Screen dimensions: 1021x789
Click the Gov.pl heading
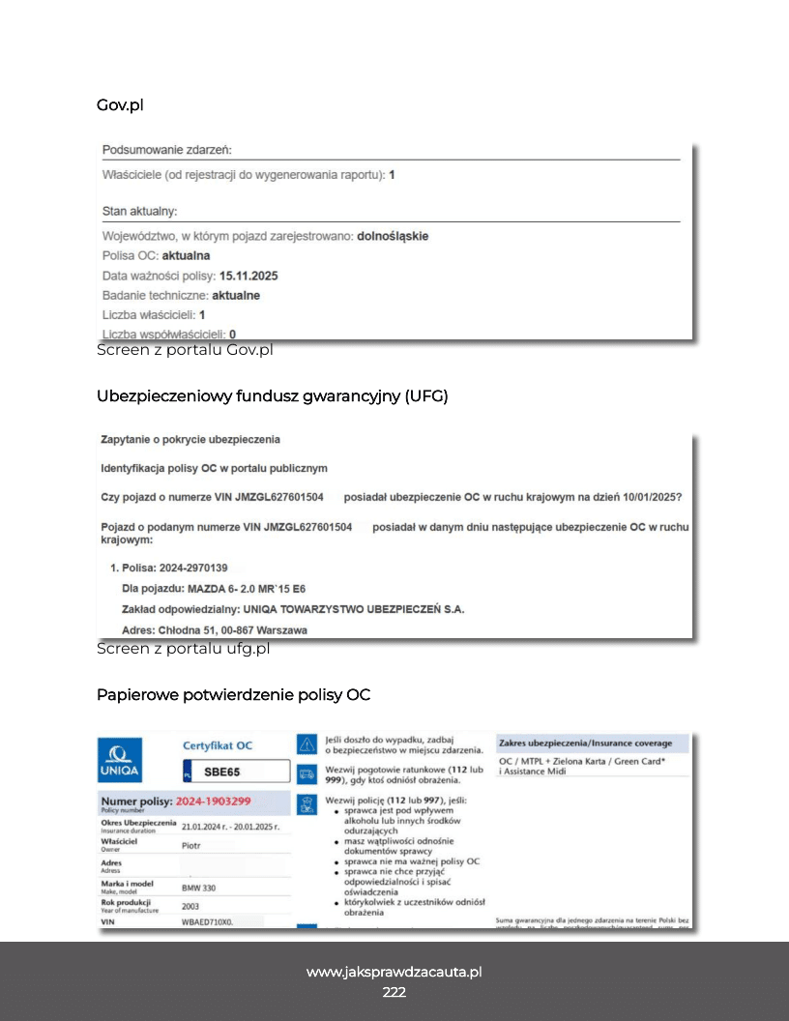click(x=120, y=104)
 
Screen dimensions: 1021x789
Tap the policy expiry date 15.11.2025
click(x=248, y=276)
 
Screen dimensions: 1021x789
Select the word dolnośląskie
click(x=393, y=236)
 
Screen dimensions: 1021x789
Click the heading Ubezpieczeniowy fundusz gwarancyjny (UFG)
click(x=273, y=395)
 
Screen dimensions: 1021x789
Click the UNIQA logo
click(x=120, y=760)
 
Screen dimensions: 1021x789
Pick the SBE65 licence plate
click(x=221, y=772)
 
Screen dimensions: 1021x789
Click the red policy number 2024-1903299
click(x=214, y=802)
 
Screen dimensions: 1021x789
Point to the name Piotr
click(x=191, y=844)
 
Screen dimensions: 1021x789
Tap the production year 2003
click(x=191, y=907)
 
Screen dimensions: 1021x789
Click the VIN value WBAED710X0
click(x=208, y=923)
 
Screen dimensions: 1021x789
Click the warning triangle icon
click(x=307, y=744)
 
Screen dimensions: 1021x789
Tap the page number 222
click(x=394, y=992)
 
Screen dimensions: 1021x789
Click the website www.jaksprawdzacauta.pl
click(x=394, y=972)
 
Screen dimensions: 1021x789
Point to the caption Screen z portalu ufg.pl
click(x=183, y=649)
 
